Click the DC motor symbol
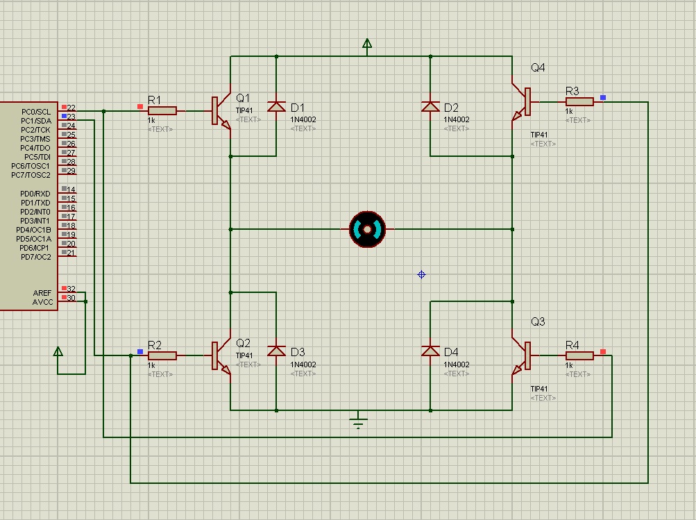pos(367,229)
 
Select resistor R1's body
pos(162,110)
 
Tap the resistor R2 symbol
pos(162,355)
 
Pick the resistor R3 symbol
pos(579,101)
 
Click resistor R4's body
pos(579,355)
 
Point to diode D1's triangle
pos(277,106)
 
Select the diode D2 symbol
pos(430,106)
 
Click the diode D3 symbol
pos(277,351)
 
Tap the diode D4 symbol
pos(430,351)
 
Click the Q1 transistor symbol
pos(222,111)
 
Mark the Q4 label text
pos(538,67)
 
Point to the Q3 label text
pos(538,321)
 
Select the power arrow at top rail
pos(367,46)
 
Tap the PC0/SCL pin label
pos(36,112)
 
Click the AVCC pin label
pos(42,302)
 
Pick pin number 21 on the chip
pos(71,253)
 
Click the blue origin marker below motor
pos(421,275)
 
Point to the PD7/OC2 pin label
pos(35,257)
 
